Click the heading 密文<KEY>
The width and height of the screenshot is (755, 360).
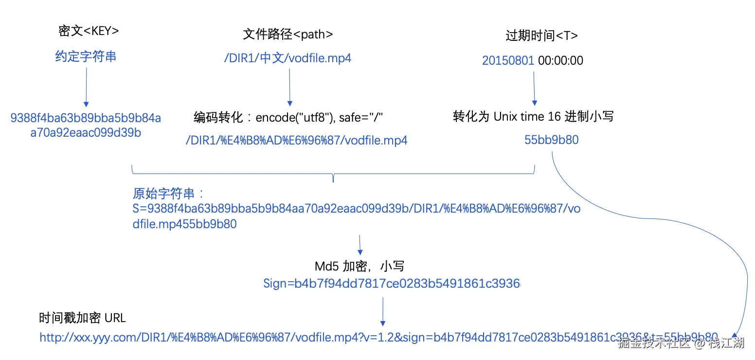click(x=89, y=31)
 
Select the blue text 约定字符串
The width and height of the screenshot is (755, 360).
click(x=86, y=56)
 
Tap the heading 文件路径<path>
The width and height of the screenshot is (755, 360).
click(x=288, y=34)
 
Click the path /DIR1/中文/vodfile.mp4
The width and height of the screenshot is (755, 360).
click(x=288, y=58)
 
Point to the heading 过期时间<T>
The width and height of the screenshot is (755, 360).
click(x=541, y=36)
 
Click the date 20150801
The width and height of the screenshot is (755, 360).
click(x=508, y=60)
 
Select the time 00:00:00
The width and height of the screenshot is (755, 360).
click(x=560, y=60)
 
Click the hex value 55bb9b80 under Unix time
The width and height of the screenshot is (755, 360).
click(x=551, y=140)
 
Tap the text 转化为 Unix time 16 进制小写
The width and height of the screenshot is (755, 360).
click(x=533, y=117)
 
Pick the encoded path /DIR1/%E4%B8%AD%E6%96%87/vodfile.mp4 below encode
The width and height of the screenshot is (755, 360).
click(x=296, y=141)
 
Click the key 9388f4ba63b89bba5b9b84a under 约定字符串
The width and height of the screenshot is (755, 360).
click(x=86, y=118)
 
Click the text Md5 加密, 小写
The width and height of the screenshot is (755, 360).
click(x=359, y=266)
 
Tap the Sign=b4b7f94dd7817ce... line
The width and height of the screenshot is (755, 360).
click(x=392, y=284)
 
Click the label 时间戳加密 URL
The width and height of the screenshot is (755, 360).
click(x=82, y=318)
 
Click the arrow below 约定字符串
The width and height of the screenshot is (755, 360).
click(x=86, y=86)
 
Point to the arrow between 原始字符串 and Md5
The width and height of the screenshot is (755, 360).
click(x=360, y=245)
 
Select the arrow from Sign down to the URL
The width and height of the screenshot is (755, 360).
click(x=383, y=311)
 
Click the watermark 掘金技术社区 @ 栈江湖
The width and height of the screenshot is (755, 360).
click(x=681, y=343)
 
